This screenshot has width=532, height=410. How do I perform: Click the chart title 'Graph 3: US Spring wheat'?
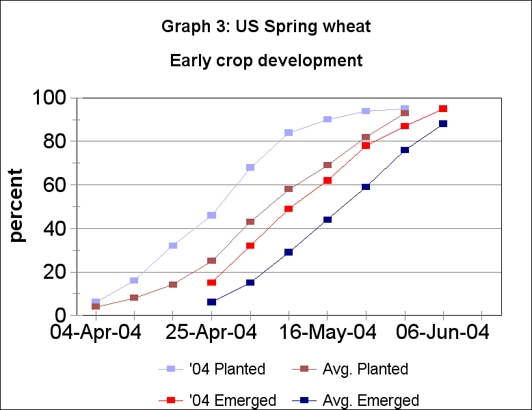click(266, 27)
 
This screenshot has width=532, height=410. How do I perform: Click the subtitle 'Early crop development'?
click(266, 60)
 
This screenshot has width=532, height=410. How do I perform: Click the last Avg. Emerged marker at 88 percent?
click(443, 124)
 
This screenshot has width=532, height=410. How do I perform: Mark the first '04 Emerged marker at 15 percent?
click(211, 282)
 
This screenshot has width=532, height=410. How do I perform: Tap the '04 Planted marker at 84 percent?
click(289, 133)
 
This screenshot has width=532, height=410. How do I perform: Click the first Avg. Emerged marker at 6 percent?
click(211, 302)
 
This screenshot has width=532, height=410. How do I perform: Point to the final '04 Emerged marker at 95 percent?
click(443, 109)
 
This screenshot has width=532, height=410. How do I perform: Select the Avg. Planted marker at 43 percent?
click(250, 221)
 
